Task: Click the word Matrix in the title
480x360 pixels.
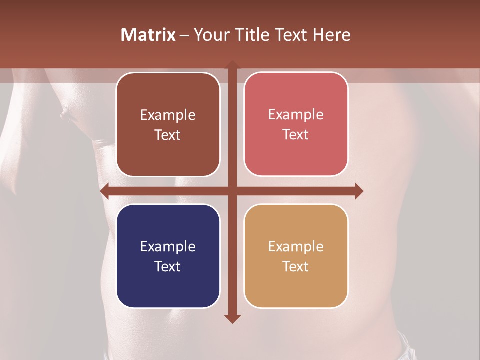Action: click(x=148, y=35)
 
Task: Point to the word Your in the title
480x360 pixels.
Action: click(x=211, y=35)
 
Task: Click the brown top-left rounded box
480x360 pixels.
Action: click(x=168, y=124)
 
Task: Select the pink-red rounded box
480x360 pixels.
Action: click(x=296, y=124)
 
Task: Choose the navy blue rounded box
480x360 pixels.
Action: click(x=168, y=256)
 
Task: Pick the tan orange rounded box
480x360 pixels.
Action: click(x=296, y=256)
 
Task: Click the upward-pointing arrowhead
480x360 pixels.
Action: click(x=232, y=64)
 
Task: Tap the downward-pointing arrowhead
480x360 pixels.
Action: click(x=232, y=319)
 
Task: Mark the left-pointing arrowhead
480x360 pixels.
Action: click(x=104, y=191)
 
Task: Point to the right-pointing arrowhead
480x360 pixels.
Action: click(x=359, y=191)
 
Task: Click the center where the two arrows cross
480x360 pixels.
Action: click(x=232, y=191)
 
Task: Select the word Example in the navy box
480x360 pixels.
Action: click(x=168, y=246)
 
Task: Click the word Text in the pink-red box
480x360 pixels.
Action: click(x=296, y=135)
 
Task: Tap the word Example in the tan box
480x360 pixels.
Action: click(x=296, y=246)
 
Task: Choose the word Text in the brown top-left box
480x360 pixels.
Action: click(x=168, y=135)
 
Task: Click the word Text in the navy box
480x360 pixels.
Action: click(x=168, y=266)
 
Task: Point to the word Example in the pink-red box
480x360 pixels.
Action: click(x=296, y=114)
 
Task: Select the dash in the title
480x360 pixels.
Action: click(x=184, y=35)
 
